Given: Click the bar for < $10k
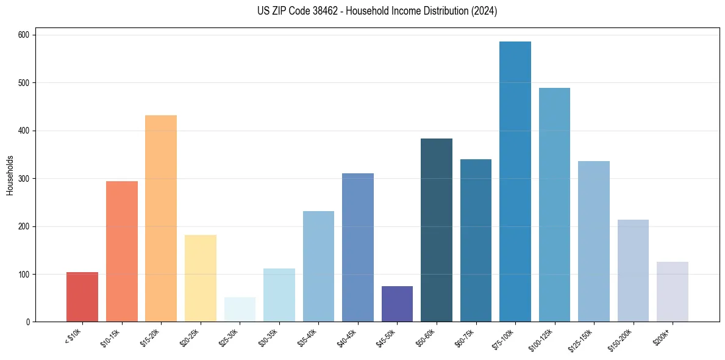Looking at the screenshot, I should tap(82, 297).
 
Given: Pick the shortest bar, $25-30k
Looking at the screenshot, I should tap(240, 310).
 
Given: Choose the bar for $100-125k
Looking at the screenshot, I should tap(554, 205).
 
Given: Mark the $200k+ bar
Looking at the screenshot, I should tap(673, 292).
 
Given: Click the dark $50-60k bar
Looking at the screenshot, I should tap(437, 230).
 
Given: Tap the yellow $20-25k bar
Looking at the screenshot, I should tap(201, 278).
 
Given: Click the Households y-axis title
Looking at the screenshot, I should tap(10, 175).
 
